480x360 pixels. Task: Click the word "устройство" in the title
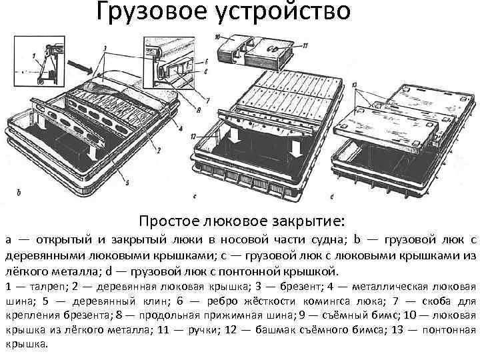pos(280,12)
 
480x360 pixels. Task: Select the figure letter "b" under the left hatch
pos(19,193)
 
